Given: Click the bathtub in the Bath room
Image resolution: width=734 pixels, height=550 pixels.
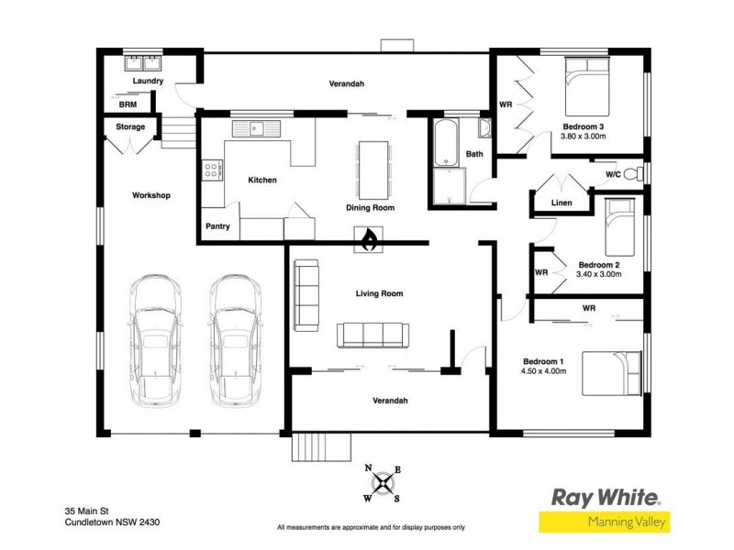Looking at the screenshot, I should pyautogui.click(x=447, y=144).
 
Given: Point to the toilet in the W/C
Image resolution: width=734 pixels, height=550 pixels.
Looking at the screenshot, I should pyautogui.click(x=639, y=173).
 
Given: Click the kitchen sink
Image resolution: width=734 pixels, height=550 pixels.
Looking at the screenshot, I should pyautogui.click(x=260, y=128).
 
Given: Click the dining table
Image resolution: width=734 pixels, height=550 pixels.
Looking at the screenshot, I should pyautogui.click(x=373, y=170).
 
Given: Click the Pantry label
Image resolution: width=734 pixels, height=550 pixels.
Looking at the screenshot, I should pyautogui.click(x=217, y=226).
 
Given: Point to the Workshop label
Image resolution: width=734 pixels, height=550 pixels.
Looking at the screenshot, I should pyautogui.click(x=150, y=195).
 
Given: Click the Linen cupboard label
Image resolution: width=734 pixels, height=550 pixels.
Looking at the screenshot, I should pyautogui.click(x=562, y=203).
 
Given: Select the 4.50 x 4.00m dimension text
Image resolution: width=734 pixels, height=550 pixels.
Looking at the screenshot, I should pyautogui.click(x=544, y=371).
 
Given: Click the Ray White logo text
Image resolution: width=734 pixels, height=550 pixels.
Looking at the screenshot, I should pyautogui.click(x=605, y=498).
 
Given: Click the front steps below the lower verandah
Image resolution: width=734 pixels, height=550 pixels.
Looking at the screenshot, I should pyautogui.click(x=321, y=448).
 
